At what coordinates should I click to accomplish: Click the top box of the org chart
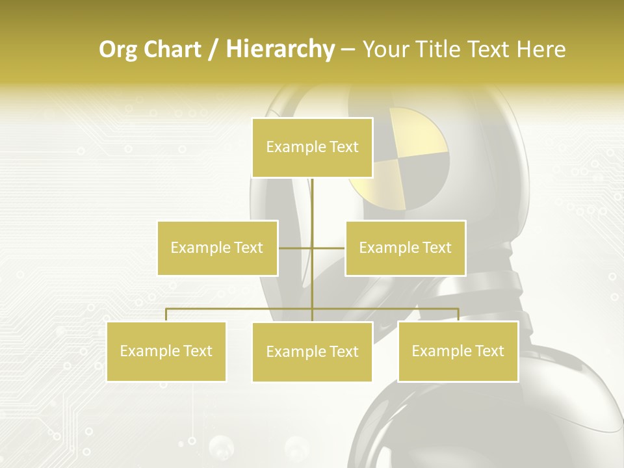click(x=312, y=148)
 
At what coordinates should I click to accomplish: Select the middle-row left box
click(x=217, y=248)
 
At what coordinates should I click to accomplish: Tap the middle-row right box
click(x=405, y=248)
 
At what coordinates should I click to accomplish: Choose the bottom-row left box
click(x=166, y=351)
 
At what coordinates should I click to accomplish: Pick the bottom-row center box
click(x=312, y=352)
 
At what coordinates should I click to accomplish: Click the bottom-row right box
click(x=458, y=351)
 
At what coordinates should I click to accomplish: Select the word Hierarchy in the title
click(x=279, y=49)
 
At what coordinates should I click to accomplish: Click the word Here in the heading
click(x=541, y=49)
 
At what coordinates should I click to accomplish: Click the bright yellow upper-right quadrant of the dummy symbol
click(x=422, y=132)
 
